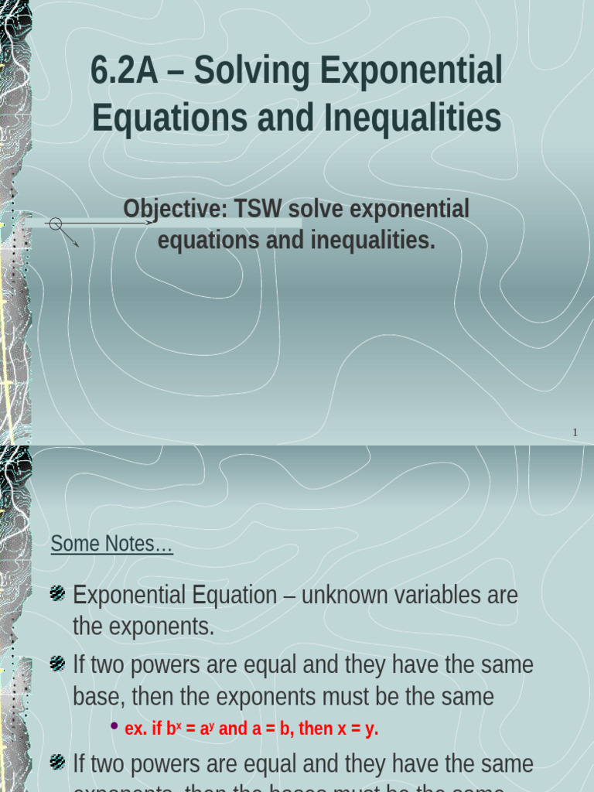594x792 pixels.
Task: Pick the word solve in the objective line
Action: [x=318, y=209]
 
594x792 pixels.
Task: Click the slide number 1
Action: [x=575, y=432]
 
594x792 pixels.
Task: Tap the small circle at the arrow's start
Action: [x=55, y=224]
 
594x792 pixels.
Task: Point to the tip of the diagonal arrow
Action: [x=77, y=245]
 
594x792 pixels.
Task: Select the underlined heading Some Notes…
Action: [x=112, y=544]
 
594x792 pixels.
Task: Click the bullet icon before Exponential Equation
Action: [x=57, y=594]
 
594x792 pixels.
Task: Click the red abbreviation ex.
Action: [x=135, y=729]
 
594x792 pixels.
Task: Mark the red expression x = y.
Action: [x=358, y=729]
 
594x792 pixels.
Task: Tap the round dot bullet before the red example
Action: [x=114, y=727]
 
